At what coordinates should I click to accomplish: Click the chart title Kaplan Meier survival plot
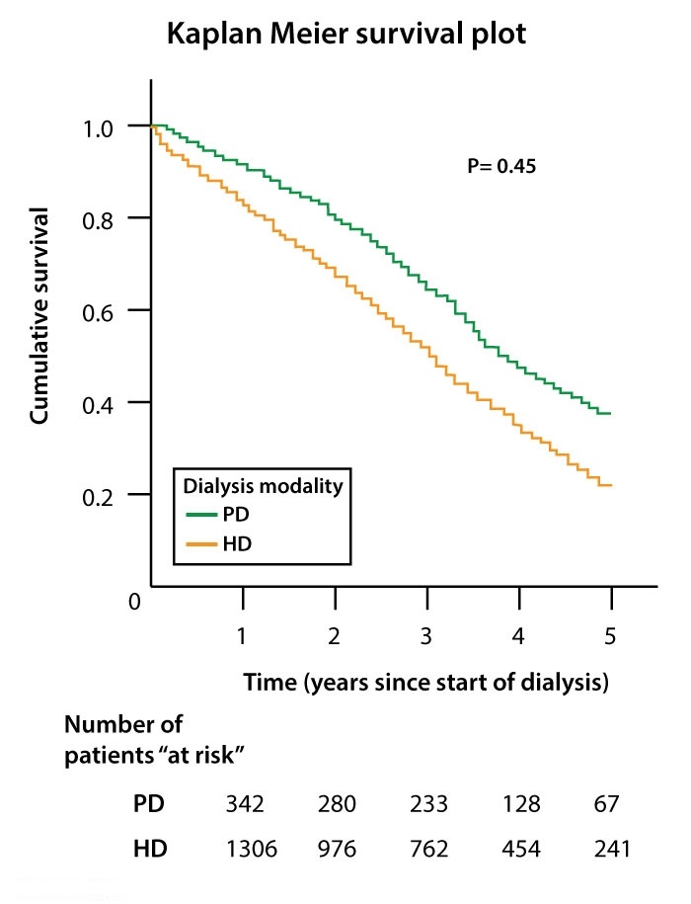point(347,34)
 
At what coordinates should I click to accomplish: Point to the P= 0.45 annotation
point(500,167)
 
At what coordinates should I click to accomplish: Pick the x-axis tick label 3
point(427,637)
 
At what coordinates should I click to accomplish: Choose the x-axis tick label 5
point(611,637)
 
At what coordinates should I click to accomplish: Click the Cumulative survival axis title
point(40,316)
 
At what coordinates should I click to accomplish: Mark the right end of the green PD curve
point(611,413)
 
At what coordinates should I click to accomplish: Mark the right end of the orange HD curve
point(612,485)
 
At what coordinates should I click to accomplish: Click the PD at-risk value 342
point(244,803)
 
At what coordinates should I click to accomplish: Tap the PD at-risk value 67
point(607,803)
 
